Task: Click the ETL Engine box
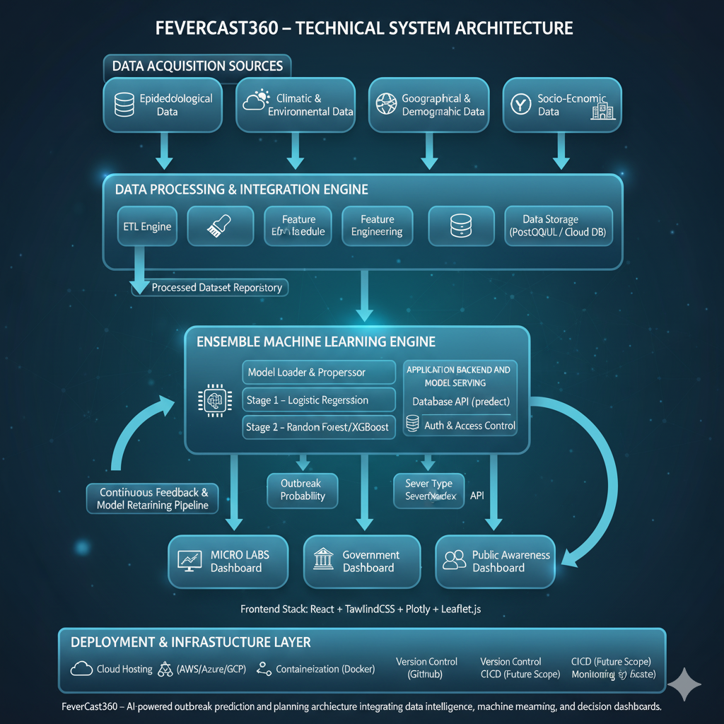[x=146, y=226]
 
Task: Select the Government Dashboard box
[x=362, y=561]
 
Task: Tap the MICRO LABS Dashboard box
[x=228, y=561]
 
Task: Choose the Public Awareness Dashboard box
[x=494, y=561]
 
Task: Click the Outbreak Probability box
[x=303, y=490]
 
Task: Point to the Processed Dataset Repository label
[x=216, y=288]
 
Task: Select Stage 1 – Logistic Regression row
[x=318, y=400]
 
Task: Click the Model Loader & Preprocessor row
[x=318, y=373]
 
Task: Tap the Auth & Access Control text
[x=469, y=426]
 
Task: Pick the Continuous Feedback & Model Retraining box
[x=153, y=498]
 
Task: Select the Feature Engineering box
[x=377, y=226]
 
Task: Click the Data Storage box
[x=559, y=226]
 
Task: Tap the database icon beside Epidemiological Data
[x=124, y=105]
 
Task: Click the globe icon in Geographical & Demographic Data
[x=386, y=105]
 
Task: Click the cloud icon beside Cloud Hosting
[x=81, y=669]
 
